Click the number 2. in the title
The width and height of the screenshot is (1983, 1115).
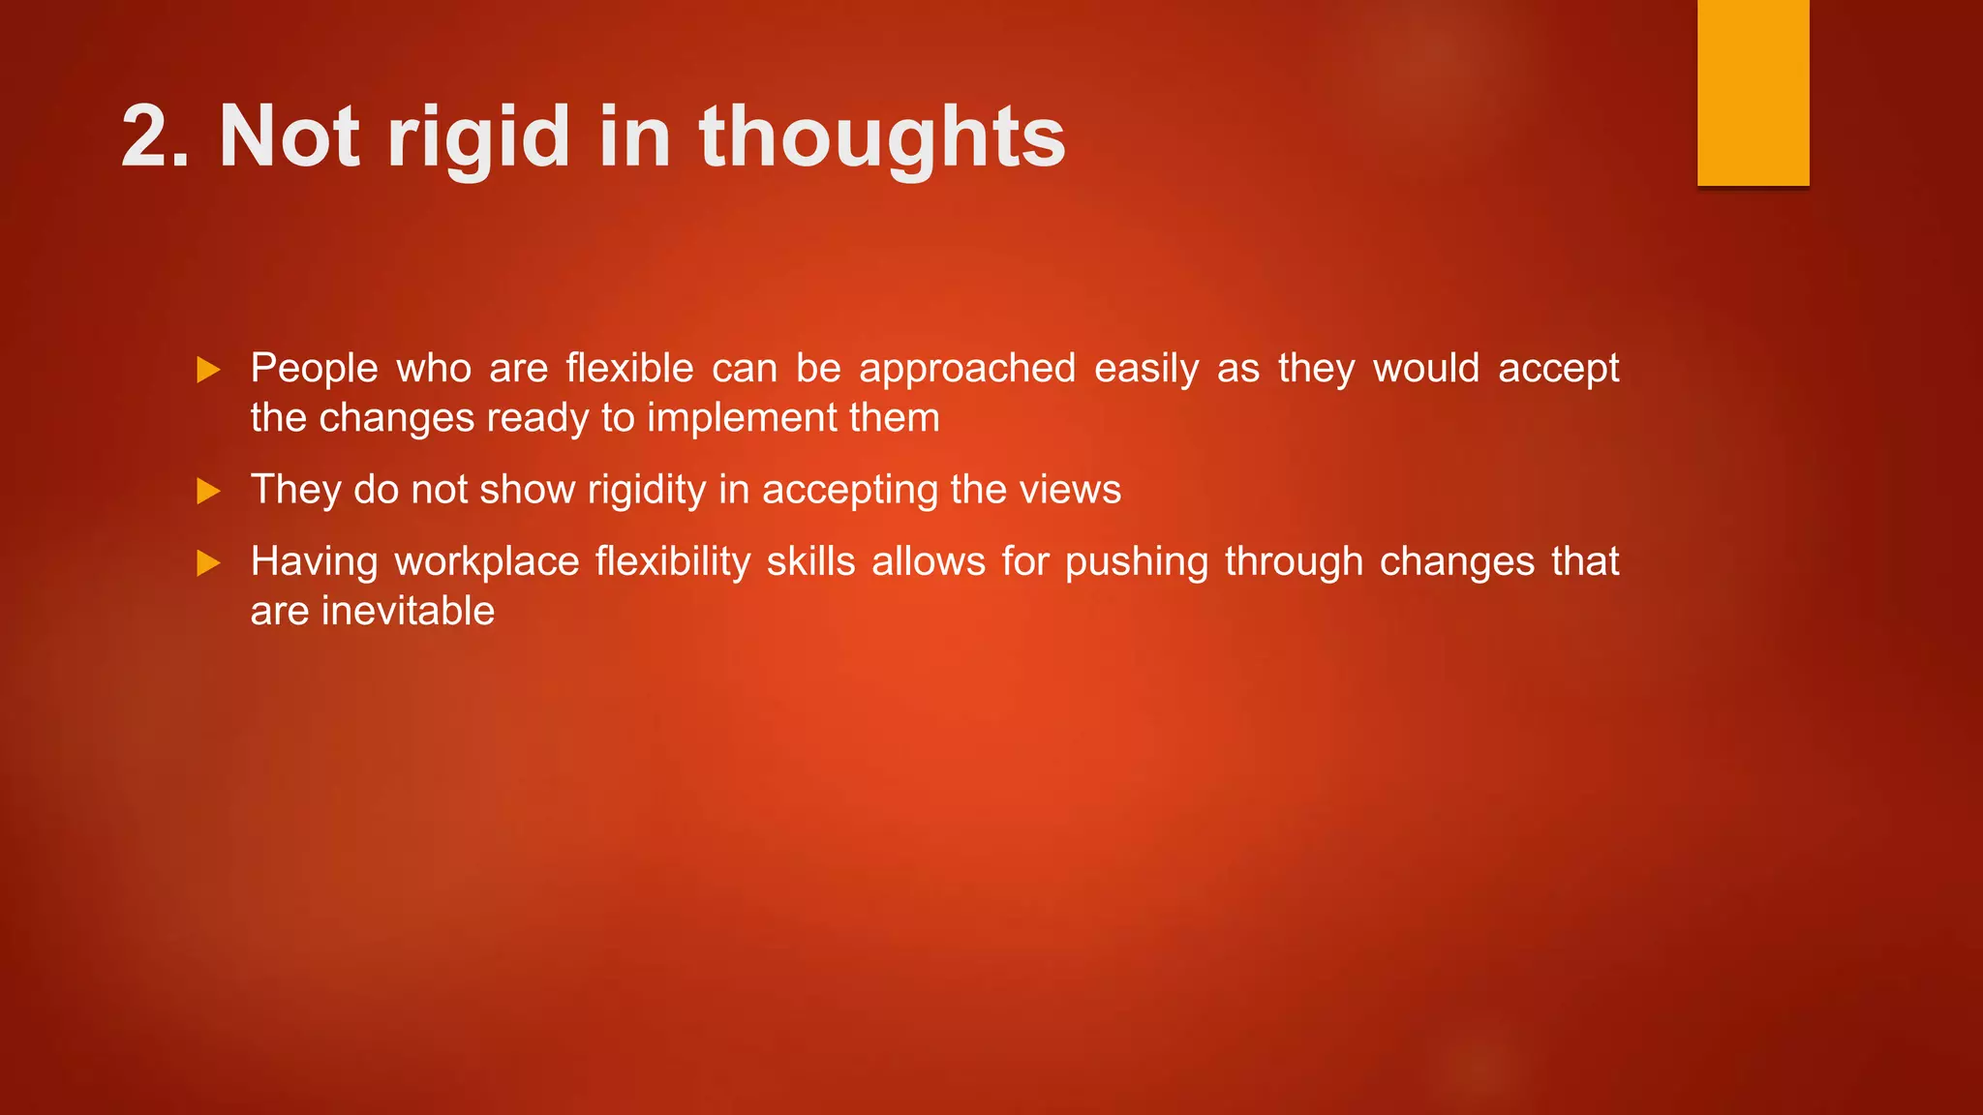click(x=155, y=137)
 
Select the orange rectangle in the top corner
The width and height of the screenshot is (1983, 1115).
click(x=1753, y=92)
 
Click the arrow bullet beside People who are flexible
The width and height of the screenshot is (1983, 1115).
click(x=208, y=370)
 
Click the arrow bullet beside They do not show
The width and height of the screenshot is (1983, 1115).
click(x=208, y=492)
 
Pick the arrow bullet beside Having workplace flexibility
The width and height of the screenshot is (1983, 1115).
click(x=208, y=563)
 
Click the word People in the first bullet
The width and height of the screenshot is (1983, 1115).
click(x=314, y=369)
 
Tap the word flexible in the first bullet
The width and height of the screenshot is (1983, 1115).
click(x=629, y=369)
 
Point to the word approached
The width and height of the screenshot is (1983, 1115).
click(x=966, y=369)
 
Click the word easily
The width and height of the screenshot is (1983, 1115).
click(x=1146, y=369)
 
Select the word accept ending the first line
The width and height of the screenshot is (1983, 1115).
click(x=1558, y=369)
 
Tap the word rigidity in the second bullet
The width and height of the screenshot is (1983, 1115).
click(x=646, y=490)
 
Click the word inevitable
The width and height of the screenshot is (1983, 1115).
click(x=408, y=612)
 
